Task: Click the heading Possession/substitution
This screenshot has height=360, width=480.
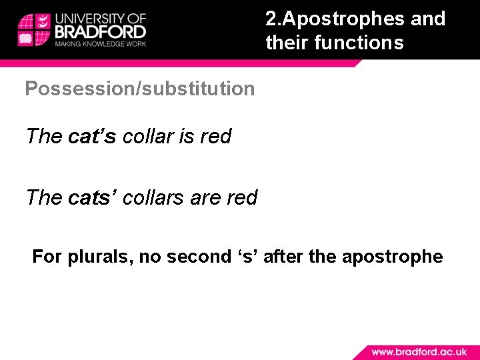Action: pos(140,89)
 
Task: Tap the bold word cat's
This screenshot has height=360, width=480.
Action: pos(92,137)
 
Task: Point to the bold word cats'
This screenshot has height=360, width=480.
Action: pos(93,198)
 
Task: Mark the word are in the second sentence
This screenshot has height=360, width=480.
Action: pos(205,198)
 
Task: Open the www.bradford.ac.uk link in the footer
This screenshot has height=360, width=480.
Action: pos(418,351)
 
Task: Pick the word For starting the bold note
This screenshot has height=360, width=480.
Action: pos(47,257)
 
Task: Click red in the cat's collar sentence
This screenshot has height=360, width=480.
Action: pos(216,137)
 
